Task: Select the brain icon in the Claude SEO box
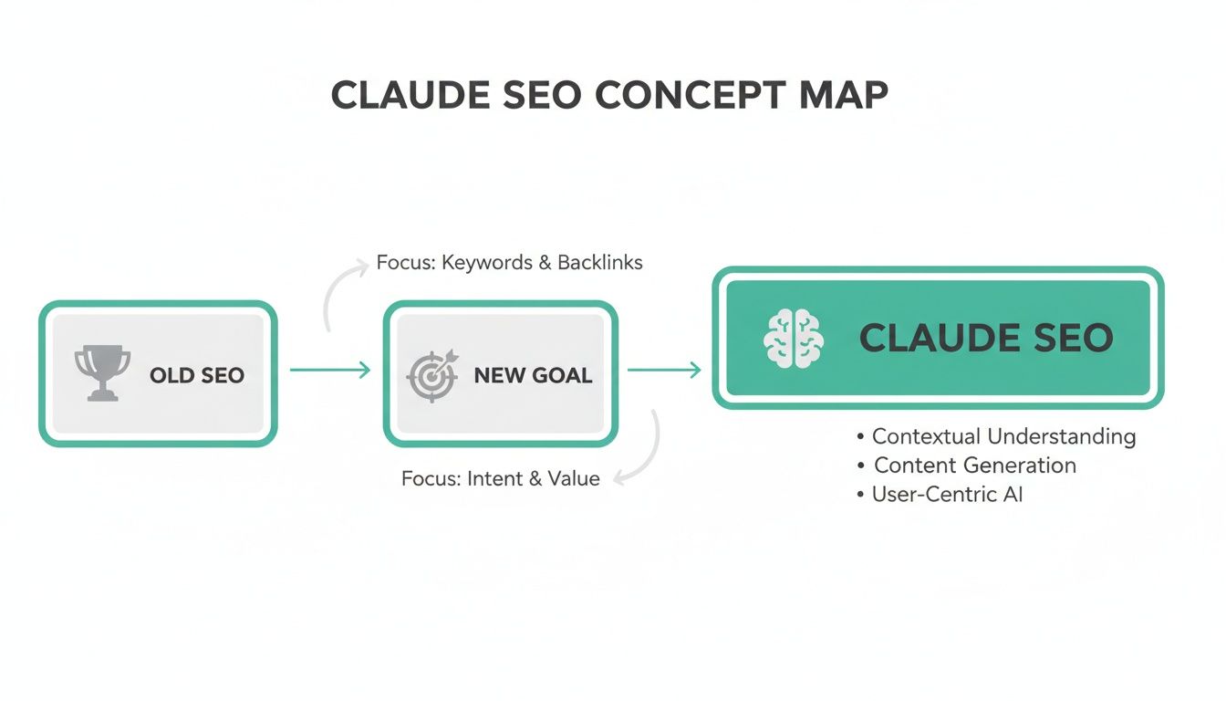pyautogui.click(x=793, y=338)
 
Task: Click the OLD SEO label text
pyautogui.click(x=197, y=375)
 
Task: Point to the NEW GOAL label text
pyautogui.click(x=533, y=375)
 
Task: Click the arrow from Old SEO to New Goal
pyautogui.click(x=330, y=370)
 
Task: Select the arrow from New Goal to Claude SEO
pyautogui.click(x=665, y=370)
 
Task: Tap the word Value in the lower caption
pyautogui.click(x=575, y=478)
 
